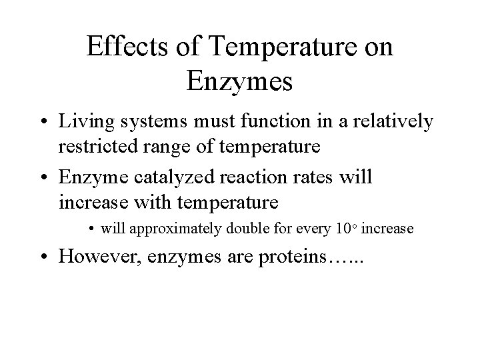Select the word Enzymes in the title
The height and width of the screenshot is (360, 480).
(x=240, y=83)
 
